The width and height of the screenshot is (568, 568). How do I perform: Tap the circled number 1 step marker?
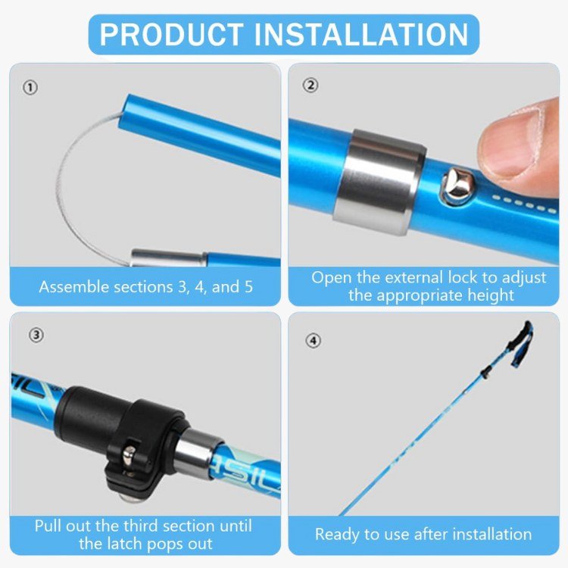point(30,88)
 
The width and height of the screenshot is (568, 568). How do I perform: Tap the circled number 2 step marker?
point(310,85)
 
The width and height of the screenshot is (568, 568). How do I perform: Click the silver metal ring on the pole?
point(379,182)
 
